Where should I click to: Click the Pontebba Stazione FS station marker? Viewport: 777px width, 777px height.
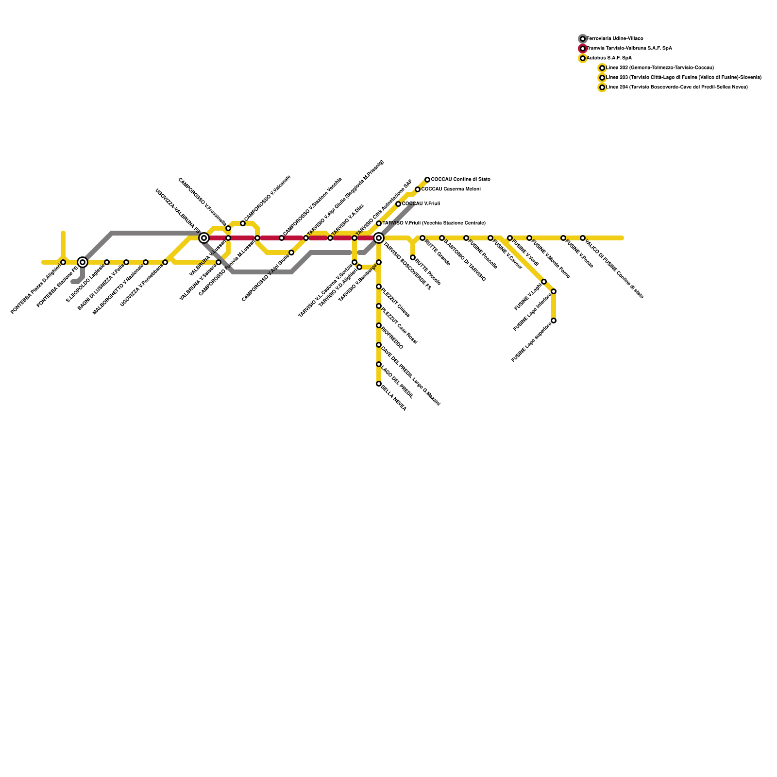pos(83,262)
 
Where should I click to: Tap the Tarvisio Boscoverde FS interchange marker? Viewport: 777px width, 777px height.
pos(379,238)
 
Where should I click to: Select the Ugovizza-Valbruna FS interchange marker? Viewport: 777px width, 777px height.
pos(204,238)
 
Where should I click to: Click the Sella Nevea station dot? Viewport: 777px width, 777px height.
pos(379,384)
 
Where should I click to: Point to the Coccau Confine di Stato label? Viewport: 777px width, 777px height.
pos(460,180)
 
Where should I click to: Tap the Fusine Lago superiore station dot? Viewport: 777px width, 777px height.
pos(554,321)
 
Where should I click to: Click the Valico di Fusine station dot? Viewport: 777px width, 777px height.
pos(583,238)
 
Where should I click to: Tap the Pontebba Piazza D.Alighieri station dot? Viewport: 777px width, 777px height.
pos(63,262)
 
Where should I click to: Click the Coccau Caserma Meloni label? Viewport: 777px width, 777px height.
pos(451,189)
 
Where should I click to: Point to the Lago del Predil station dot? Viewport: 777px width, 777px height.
pos(379,364)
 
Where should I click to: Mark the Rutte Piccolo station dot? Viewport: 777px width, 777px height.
pos(413,257)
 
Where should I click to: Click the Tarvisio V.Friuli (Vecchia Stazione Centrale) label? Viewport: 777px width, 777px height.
pos(434,223)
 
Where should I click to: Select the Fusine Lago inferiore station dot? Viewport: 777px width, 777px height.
pos(554,291)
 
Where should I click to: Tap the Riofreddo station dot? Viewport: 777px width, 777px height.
pos(379,325)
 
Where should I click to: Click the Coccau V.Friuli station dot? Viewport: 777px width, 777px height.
pos(398,204)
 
